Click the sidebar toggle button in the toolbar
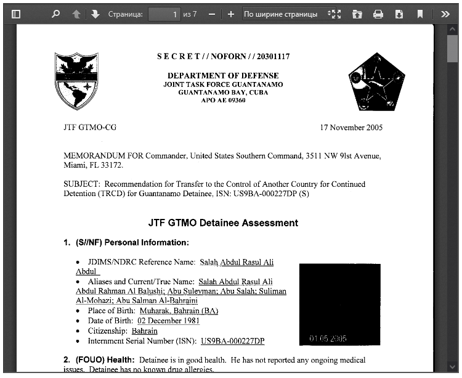click(x=16, y=14)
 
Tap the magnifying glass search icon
click(x=56, y=14)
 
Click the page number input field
click(x=164, y=14)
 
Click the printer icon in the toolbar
click(x=378, y=14)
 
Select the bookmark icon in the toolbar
click(x=420, y=14)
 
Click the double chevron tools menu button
click(x=445, y=14)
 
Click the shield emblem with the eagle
click(x=76, y=80)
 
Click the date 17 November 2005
click(x=351, y=128)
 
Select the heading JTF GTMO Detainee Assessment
click(x=223, y=223)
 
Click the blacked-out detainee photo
click(x=339, y=305)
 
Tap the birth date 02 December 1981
click(x=169, y=321)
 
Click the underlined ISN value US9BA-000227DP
click(x=232, y=341)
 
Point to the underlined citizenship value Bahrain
click(x=145, y=331)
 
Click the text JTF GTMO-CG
click(x=90, y=128)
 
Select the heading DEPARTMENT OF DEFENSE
click(x=223, y=76)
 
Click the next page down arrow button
click(x=95, y=14)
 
